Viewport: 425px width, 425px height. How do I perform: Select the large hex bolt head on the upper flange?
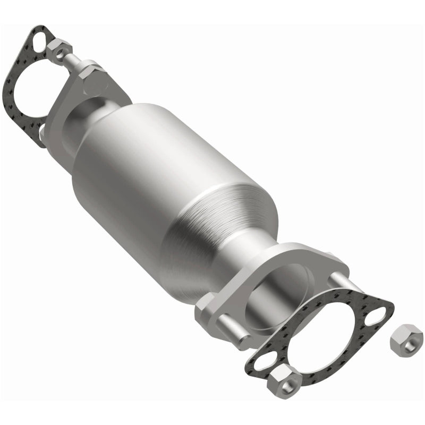[x=96, y=77]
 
